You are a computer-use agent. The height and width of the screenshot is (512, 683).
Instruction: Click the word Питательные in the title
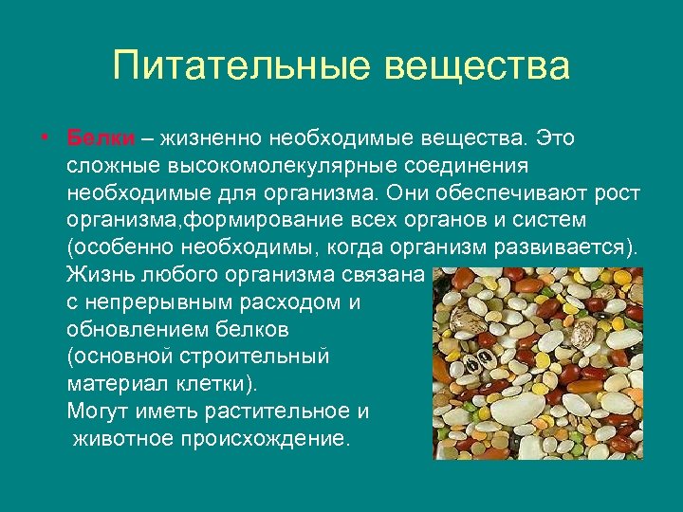(x=242, y=66)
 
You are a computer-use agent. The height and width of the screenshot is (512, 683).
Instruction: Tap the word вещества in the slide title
(x=478, y=66)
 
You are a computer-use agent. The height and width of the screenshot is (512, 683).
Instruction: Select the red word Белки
(x=101, y=138)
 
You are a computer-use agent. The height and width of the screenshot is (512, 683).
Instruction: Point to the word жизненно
(x=207, y=138)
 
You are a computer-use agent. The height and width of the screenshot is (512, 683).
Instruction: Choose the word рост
(x=618, y=193)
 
